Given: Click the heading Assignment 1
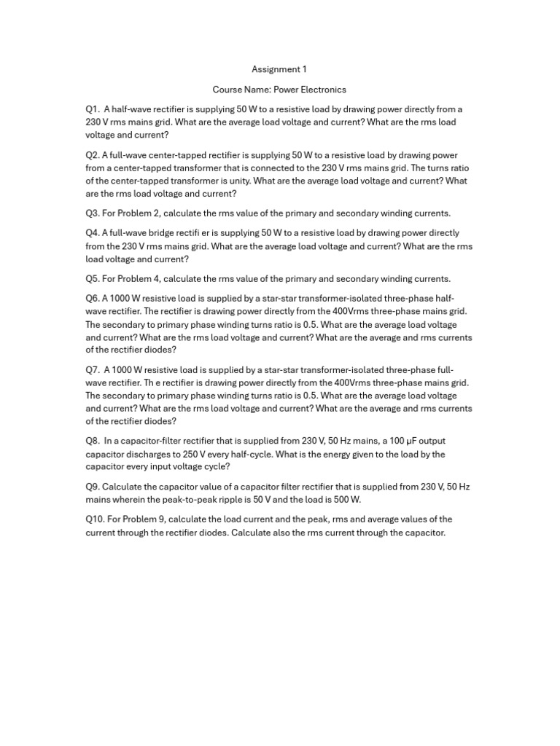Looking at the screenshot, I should tap(279, 69).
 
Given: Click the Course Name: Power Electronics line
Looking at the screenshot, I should tap(279, 90).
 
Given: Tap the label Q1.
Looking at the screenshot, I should tap(92, 109).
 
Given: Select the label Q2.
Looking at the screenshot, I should tap(92, 155).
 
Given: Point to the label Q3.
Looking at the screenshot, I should tap(92, 213).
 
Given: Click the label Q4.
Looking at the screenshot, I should tap(92, 233).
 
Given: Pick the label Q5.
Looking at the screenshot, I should tap(92, 278).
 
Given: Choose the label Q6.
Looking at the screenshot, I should tap(92, 298).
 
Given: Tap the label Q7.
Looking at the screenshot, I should tap(92, 369).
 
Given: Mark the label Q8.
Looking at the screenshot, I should tap(92, 441).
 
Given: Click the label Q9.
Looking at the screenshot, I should tap(92, 486).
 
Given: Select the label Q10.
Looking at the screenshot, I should tap(94, 519).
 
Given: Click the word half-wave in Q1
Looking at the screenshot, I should tap(136, 109).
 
